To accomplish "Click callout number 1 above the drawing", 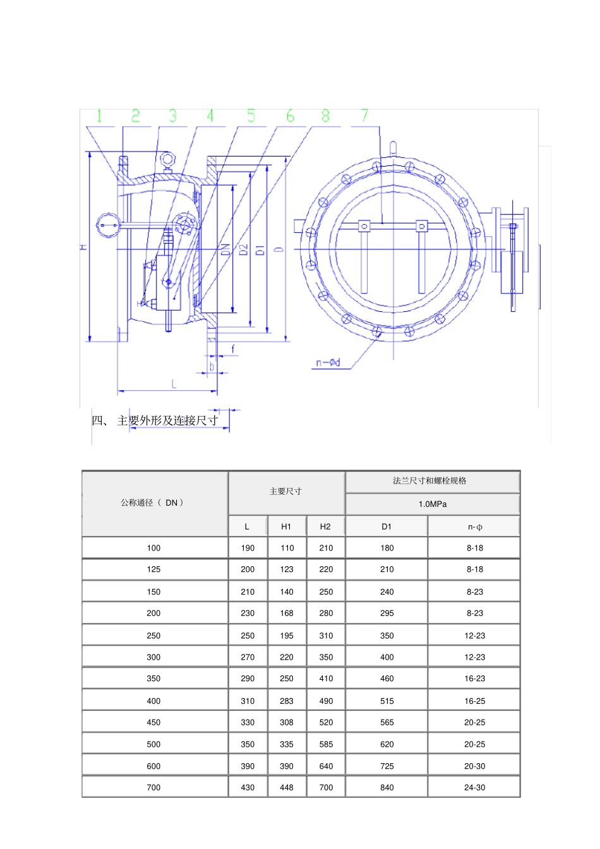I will (99, 116).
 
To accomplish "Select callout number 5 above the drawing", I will (251, 116).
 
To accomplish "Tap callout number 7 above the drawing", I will (364, 116).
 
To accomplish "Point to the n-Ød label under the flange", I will (328, 362).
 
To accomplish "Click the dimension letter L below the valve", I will (174, 384).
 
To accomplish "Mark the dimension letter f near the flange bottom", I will (233, 348).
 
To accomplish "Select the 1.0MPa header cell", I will (433, 504).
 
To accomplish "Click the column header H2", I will (325, 526).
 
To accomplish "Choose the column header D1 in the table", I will (387, 526).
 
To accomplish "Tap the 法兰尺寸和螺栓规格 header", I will (429, 481).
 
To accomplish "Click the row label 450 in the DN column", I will (153, 722).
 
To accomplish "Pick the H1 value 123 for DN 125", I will (287, 569).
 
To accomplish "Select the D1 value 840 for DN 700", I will (387, 788).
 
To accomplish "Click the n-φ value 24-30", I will (474, 788).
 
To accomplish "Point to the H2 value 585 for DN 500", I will (326, 744).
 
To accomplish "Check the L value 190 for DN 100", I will (248, 548).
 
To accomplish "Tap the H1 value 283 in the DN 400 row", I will (287, 701).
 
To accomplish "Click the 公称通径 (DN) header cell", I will (153, 503).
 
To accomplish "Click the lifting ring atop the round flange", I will (393, 148).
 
